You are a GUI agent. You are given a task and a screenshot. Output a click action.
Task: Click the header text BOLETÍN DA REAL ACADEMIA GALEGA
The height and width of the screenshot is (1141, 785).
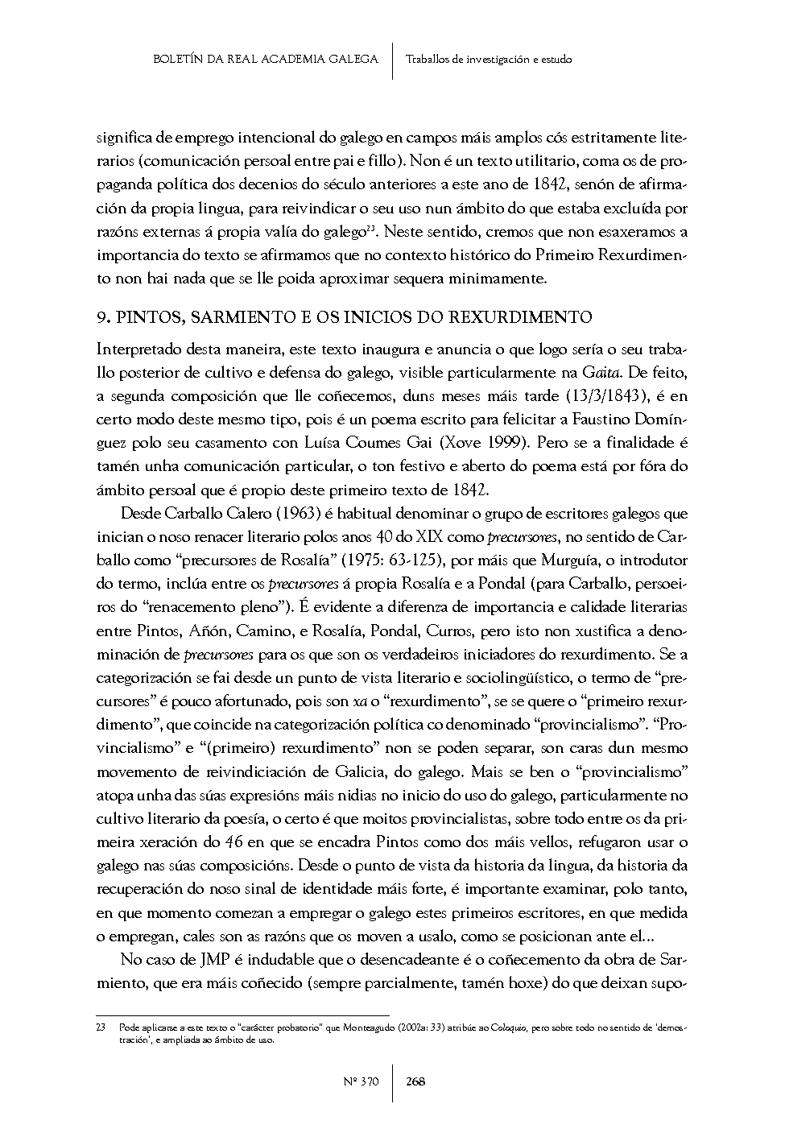(x=266, y=59)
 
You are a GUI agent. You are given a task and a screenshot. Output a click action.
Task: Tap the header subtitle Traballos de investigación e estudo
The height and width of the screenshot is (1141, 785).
(x=490, y=59)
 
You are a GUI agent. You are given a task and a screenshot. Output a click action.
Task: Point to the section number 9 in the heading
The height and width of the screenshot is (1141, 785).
(x=101, y=317)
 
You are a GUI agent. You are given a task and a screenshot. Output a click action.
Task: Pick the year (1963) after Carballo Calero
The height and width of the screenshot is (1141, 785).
(x=274, y=513)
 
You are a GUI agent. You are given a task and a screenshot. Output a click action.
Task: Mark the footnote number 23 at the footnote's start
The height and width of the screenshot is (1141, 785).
(x=101, y=1028)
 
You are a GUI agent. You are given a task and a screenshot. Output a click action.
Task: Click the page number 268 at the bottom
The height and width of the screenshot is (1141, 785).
(x=415, y=1081)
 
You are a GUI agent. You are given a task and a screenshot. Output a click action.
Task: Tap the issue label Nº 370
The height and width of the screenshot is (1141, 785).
(x=362, y=1081)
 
